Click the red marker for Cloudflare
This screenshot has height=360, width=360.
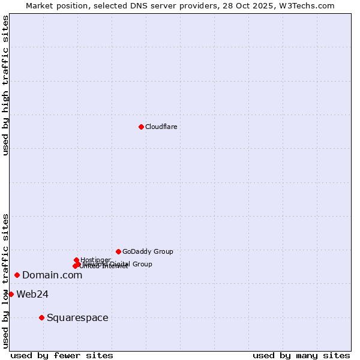pos(141,127)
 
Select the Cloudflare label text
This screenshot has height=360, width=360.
pos(161,127)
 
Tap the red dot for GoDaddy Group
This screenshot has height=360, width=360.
pos(118,251)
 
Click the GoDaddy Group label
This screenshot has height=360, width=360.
pos(148,251)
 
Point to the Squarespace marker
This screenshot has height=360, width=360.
pos(41,317)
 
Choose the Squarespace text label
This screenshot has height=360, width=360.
pos(77,317)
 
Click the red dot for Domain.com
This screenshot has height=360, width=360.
pos(17,275)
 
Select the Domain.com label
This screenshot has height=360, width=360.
pos(52,275)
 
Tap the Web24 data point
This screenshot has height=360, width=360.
pos(11,294)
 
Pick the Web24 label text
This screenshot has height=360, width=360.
pos(32,294)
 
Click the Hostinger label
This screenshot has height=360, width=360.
pos(95,260)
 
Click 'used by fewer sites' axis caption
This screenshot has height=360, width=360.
pos(62,355)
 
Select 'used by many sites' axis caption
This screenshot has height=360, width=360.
pos(301,355)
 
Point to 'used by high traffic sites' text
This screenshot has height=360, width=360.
pos(5,85)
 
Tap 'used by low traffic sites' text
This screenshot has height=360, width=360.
pos(5,280)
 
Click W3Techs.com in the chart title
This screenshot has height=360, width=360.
pos(309,5)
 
